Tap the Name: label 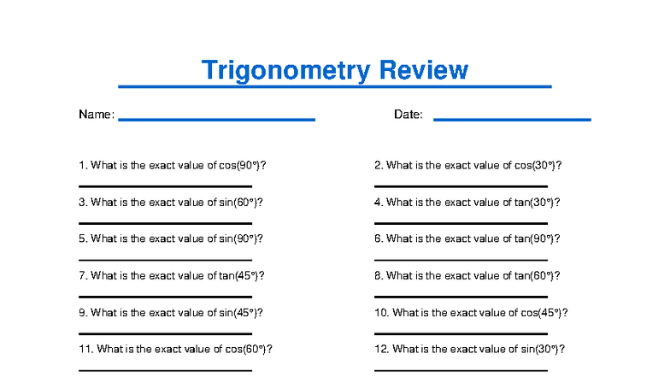(x=96, y=115)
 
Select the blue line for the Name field (x=216, y=120)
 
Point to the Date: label (x=408, y=115)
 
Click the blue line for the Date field (x=512, y=120)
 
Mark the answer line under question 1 (x=165, y=186)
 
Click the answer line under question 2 (x=461, y=186)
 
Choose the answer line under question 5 (x=165, y=259)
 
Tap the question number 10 (x=381, y=313)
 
